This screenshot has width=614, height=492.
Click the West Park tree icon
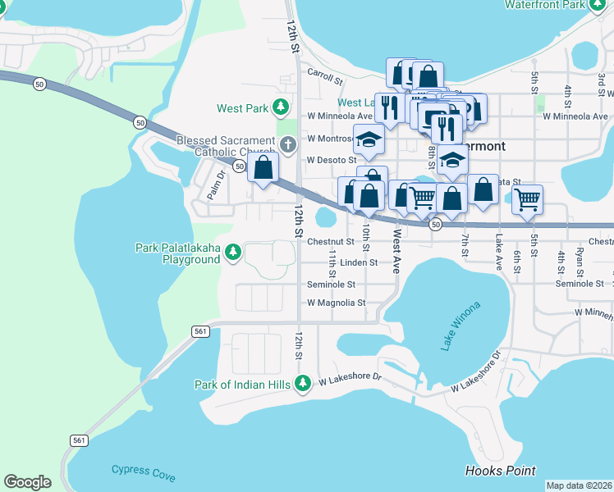point(281,107)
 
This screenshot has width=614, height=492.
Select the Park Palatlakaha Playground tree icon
point(233,250)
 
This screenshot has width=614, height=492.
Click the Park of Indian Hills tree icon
point(303,383)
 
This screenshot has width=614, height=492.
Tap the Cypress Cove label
point(143,471)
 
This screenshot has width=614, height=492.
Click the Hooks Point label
point(500,471)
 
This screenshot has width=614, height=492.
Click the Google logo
point(27,481)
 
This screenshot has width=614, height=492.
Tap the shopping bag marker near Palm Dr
point(263,170)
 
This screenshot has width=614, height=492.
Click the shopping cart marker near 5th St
point(526,197)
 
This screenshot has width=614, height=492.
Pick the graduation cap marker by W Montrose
point(369,140)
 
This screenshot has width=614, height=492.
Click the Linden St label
point(359,262)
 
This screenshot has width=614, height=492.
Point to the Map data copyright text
point(579,485)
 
